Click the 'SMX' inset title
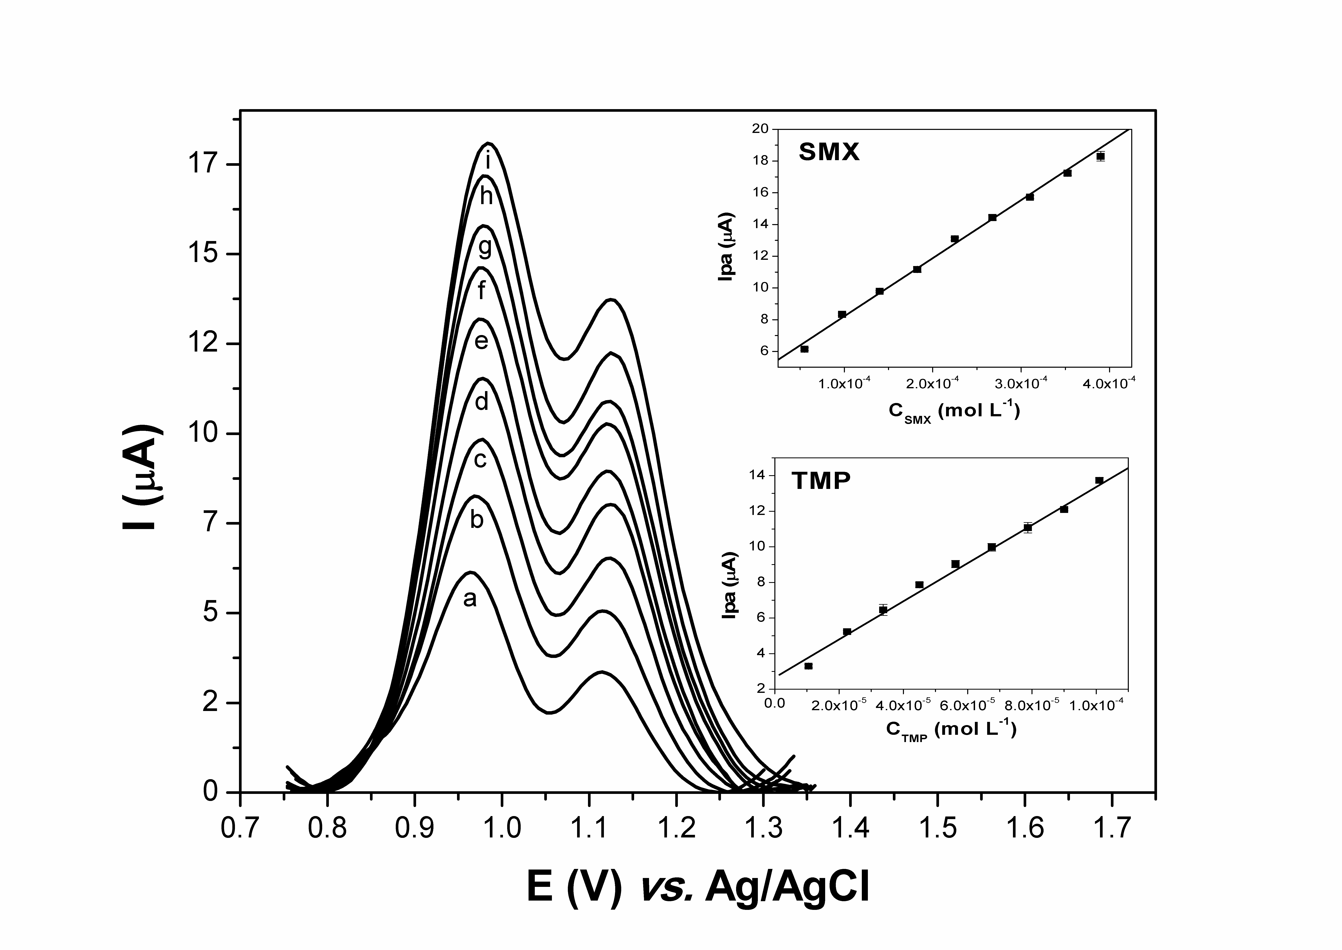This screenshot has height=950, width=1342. tap(829, 152)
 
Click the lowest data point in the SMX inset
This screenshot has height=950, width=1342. tap(804, 349)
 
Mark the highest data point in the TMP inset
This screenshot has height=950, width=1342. tap(1099, 480)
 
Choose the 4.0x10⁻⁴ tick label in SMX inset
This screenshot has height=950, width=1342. tap(1108, 384)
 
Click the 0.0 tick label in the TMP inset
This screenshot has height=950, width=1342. tap(774, 704)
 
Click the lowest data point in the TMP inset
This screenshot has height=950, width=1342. tap(808, 666)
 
